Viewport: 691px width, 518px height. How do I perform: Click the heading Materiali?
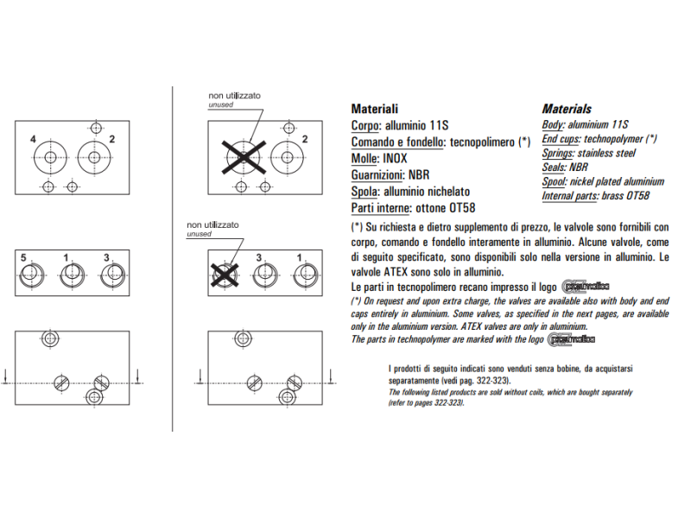pyautogui.click(x=374, y=110)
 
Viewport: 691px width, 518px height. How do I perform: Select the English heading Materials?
pyautogui.click(x=566, y=110)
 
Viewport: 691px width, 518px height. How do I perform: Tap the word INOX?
pyautogui.click(x=394, y=159)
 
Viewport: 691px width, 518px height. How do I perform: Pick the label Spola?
pyautogui.click(x=365, y=192)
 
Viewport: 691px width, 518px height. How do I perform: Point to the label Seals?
pyautogui.click(x=555, y=167)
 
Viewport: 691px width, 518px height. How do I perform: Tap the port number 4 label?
pyautogui.click(x=33, y=139)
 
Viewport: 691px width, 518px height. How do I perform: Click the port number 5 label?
pyautogui.click(x=24, y=258)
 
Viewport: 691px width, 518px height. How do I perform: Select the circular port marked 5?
pyautogui.click(x=29, y=275)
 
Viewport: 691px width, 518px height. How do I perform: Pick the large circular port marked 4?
pyautogui.click(x=50, y=157)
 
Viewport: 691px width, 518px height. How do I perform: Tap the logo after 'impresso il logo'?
pyautogui.click(x=585, y=287)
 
